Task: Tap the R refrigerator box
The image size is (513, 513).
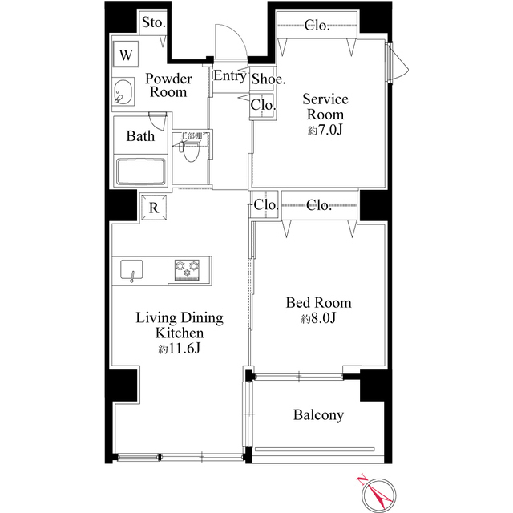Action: coord(153,206)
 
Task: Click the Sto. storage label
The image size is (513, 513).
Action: coord(153,22)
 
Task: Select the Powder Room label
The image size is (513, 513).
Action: coord(168,85)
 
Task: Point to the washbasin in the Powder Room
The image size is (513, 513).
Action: coord(124,93)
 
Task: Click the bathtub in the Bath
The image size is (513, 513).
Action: coord(140,171)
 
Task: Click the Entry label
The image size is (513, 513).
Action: coord(229,77)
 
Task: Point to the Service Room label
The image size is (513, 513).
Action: coord(325,107)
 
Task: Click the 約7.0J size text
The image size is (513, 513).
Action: coord(325,130)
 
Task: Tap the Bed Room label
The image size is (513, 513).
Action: coord(318,303)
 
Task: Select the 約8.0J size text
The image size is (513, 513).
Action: coord(318,319)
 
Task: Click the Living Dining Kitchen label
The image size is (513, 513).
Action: coord(179,325)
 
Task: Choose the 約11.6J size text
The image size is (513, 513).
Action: coord(179,349)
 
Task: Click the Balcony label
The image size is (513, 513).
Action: coord(318,415)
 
